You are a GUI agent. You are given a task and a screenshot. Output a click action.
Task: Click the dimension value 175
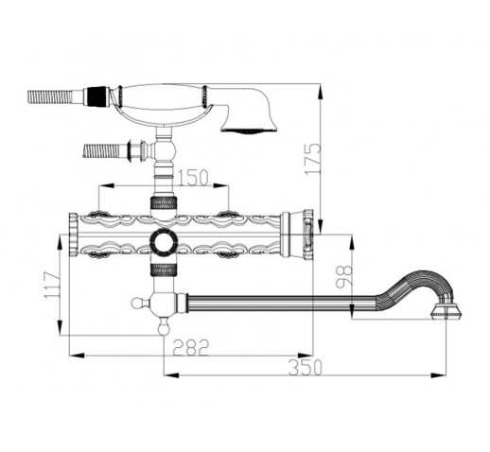coord(312,159)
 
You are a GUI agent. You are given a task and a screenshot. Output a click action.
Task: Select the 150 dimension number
coord(193,178)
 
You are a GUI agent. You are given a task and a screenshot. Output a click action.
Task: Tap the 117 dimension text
coord(52,286)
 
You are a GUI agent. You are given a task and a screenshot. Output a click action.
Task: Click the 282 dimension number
coord(191,347)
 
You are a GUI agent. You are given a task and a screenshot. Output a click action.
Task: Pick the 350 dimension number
coord(305,367)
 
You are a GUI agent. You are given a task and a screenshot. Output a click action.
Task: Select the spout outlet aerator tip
coord(446,312)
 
